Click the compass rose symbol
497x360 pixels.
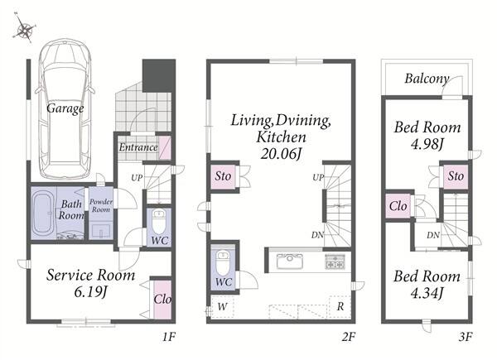pyautogui.click(x=24, y=28)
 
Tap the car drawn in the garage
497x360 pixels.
pyautogui.click(x=65, y=108)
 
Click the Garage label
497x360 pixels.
pyautogui.click(x=65, y=108)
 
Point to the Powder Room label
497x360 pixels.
pyautogui.click(x=101, y=205)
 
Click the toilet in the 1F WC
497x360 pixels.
pyautogui.click(x=158, y=222)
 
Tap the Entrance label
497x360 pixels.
pyautogui.click(x=138, y=147)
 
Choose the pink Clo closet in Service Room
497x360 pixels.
pyautogui.click(x=162, y=300)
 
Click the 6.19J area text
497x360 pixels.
pyautogui.click(x=90, y=291)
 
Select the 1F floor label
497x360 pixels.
pyautogui.click(x=169, y=337)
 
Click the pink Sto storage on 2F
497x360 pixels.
pyautogui.click(x=223, y=176)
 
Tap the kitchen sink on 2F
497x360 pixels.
pyautogui.click(x=290, y=262)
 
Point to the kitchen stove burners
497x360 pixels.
pyautogui.click(x=335, y=262)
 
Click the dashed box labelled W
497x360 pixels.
pyautogui.click(x=223, y=306)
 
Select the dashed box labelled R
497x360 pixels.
pyautogui.click(x=340, y=306)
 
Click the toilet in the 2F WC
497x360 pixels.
pyautogui.click(x=223, y=262)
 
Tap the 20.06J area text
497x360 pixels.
pyautogui.click(x=281, y=154)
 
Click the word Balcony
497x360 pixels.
pyautogui.click(x=427, y=79)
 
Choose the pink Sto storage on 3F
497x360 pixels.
pyautogui.click(x=456, y=176)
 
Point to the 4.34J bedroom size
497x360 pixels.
pyautogui.click(x=427, y=293)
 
